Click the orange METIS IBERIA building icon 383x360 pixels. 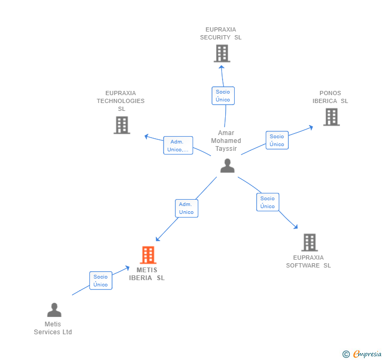coord(148,255)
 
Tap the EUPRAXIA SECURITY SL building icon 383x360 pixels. coord(222,53)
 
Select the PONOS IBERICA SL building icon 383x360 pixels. coord(331,117)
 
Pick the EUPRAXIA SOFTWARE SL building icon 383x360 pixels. coord(309,242)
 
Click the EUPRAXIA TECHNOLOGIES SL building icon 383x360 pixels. coord(122,125)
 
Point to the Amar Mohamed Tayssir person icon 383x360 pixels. coord(227,166)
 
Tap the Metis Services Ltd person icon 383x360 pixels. coord(54,310)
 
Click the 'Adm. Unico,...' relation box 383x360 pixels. coord(178,146)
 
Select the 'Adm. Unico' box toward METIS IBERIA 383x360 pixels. coord(187,208)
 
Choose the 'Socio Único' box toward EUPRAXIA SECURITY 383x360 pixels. coord(223,96)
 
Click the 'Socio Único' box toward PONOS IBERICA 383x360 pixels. coord(277,140)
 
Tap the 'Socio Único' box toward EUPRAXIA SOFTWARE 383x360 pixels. coord(268,202)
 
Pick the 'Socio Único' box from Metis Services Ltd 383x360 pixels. coord(100,281)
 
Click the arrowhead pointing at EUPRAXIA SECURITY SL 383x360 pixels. coord(221,67)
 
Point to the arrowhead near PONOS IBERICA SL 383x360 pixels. coord(311,127)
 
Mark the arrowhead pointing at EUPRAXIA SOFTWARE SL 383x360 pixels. coord(296,227)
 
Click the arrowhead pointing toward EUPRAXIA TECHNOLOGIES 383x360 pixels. coord(146,136)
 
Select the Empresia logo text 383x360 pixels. coord(367,354)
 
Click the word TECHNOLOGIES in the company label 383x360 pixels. coord(120,101)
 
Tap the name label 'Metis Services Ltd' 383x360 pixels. coord(53,328)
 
